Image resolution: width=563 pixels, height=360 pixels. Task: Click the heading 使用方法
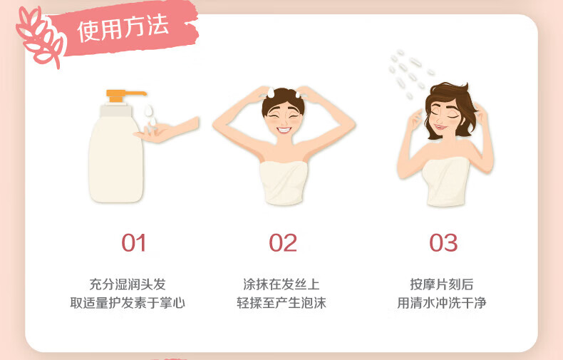point(123,28)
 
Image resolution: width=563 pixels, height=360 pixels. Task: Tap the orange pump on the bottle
point(125,96)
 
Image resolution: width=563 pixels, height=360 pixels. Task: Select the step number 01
point(133,243)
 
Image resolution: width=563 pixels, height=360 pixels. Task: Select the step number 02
point(283,243)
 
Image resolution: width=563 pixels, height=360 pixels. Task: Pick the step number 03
point(443,243)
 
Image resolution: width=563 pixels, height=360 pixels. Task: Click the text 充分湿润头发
point(128,284)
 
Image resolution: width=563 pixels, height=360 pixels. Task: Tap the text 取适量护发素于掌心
point(128,303)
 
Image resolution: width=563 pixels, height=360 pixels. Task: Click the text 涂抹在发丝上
point(281,284)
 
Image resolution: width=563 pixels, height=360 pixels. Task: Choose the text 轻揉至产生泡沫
point(281,303)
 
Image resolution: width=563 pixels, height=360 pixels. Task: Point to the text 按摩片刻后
point(442,284)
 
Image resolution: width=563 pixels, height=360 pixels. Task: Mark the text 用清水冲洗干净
point(442,303)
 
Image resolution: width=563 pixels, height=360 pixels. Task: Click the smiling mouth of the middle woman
point(284,130)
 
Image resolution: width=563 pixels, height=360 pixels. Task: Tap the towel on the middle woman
point(284,182)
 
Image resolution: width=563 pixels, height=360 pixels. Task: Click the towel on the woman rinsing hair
point(446,182)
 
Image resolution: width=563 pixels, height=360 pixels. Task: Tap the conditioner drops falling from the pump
point(150,115)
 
